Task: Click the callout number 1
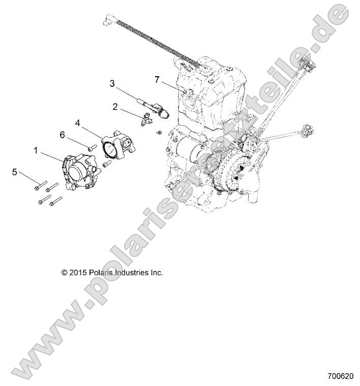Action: point(36,150)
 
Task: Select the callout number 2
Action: point(115,107)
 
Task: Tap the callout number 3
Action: point(112,83)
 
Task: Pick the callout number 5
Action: point(14,172)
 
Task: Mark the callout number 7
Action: point(157,79)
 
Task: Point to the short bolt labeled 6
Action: point(92,148)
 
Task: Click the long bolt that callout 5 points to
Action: point(41,185)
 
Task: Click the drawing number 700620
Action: point(340,378)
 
